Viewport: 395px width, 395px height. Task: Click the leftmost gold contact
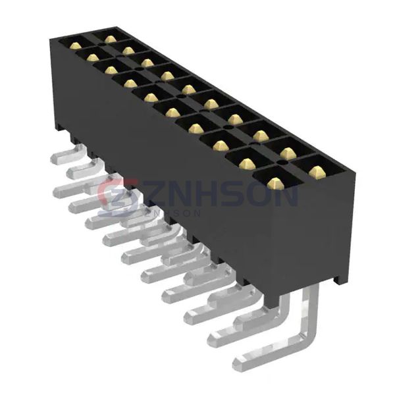tap(75, 45)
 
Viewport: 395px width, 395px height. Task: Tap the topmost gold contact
tap(110, 39)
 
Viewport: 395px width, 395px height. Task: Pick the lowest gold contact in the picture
tap(275, 183)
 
